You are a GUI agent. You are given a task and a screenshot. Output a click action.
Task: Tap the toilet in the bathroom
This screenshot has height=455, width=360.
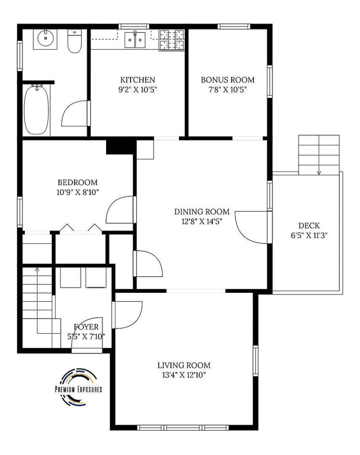[x=74, y=41]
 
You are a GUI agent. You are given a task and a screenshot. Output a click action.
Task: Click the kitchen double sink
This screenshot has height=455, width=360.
[x=135, y=40]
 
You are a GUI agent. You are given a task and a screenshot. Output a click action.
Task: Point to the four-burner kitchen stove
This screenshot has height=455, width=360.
[x=172, y=40]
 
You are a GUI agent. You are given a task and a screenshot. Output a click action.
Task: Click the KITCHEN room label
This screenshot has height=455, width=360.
[x=138, y=80]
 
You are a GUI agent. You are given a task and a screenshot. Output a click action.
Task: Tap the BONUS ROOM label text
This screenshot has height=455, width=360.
[x=228, y=80]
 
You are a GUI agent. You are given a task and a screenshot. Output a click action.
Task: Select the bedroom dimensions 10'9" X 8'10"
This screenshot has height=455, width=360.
[x=78, y=192]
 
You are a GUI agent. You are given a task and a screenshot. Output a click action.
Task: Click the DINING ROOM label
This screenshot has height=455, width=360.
[x=202, y=212]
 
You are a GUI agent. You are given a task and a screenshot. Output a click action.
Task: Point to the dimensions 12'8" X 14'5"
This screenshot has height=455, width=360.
[x=202, y=222]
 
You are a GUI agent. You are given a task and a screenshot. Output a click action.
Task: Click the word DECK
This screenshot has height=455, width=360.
[x=309, y=225]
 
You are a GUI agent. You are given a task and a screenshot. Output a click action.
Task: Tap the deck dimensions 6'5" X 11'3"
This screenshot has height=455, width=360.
[x=309, y=235]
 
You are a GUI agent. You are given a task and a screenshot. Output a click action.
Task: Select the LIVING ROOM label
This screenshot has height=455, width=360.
[x=184, y=365]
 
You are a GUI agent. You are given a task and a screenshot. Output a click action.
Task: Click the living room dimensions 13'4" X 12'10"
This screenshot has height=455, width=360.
[x=184, y=375]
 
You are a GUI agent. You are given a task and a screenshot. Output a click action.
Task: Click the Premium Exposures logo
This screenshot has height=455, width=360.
[x=79, y=387]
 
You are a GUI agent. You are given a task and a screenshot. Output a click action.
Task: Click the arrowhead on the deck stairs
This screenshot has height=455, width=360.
[x=319, y=173]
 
